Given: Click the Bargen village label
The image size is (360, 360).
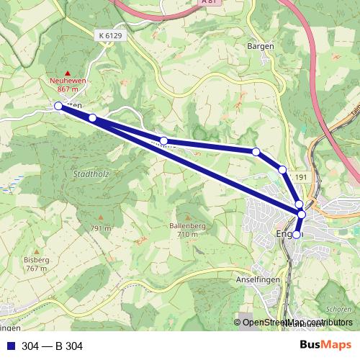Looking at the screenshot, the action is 260,46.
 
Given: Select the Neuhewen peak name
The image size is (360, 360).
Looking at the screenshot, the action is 68,81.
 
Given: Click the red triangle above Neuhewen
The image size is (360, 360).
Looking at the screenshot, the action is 68,73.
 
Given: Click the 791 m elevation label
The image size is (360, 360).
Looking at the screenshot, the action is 100,228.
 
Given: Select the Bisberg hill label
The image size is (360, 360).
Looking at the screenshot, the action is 35,259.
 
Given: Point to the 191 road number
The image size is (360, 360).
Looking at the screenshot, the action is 301,177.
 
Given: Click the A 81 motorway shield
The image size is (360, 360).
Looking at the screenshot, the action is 209,2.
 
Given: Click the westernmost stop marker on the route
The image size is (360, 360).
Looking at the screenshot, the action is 58,106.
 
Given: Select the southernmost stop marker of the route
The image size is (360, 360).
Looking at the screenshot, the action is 296,234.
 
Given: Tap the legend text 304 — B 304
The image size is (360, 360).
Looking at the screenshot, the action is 53,346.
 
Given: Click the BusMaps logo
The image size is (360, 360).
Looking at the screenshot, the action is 325,346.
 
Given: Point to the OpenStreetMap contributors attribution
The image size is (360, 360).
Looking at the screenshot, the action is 297,323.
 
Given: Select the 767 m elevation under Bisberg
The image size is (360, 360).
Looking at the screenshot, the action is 35,268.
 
